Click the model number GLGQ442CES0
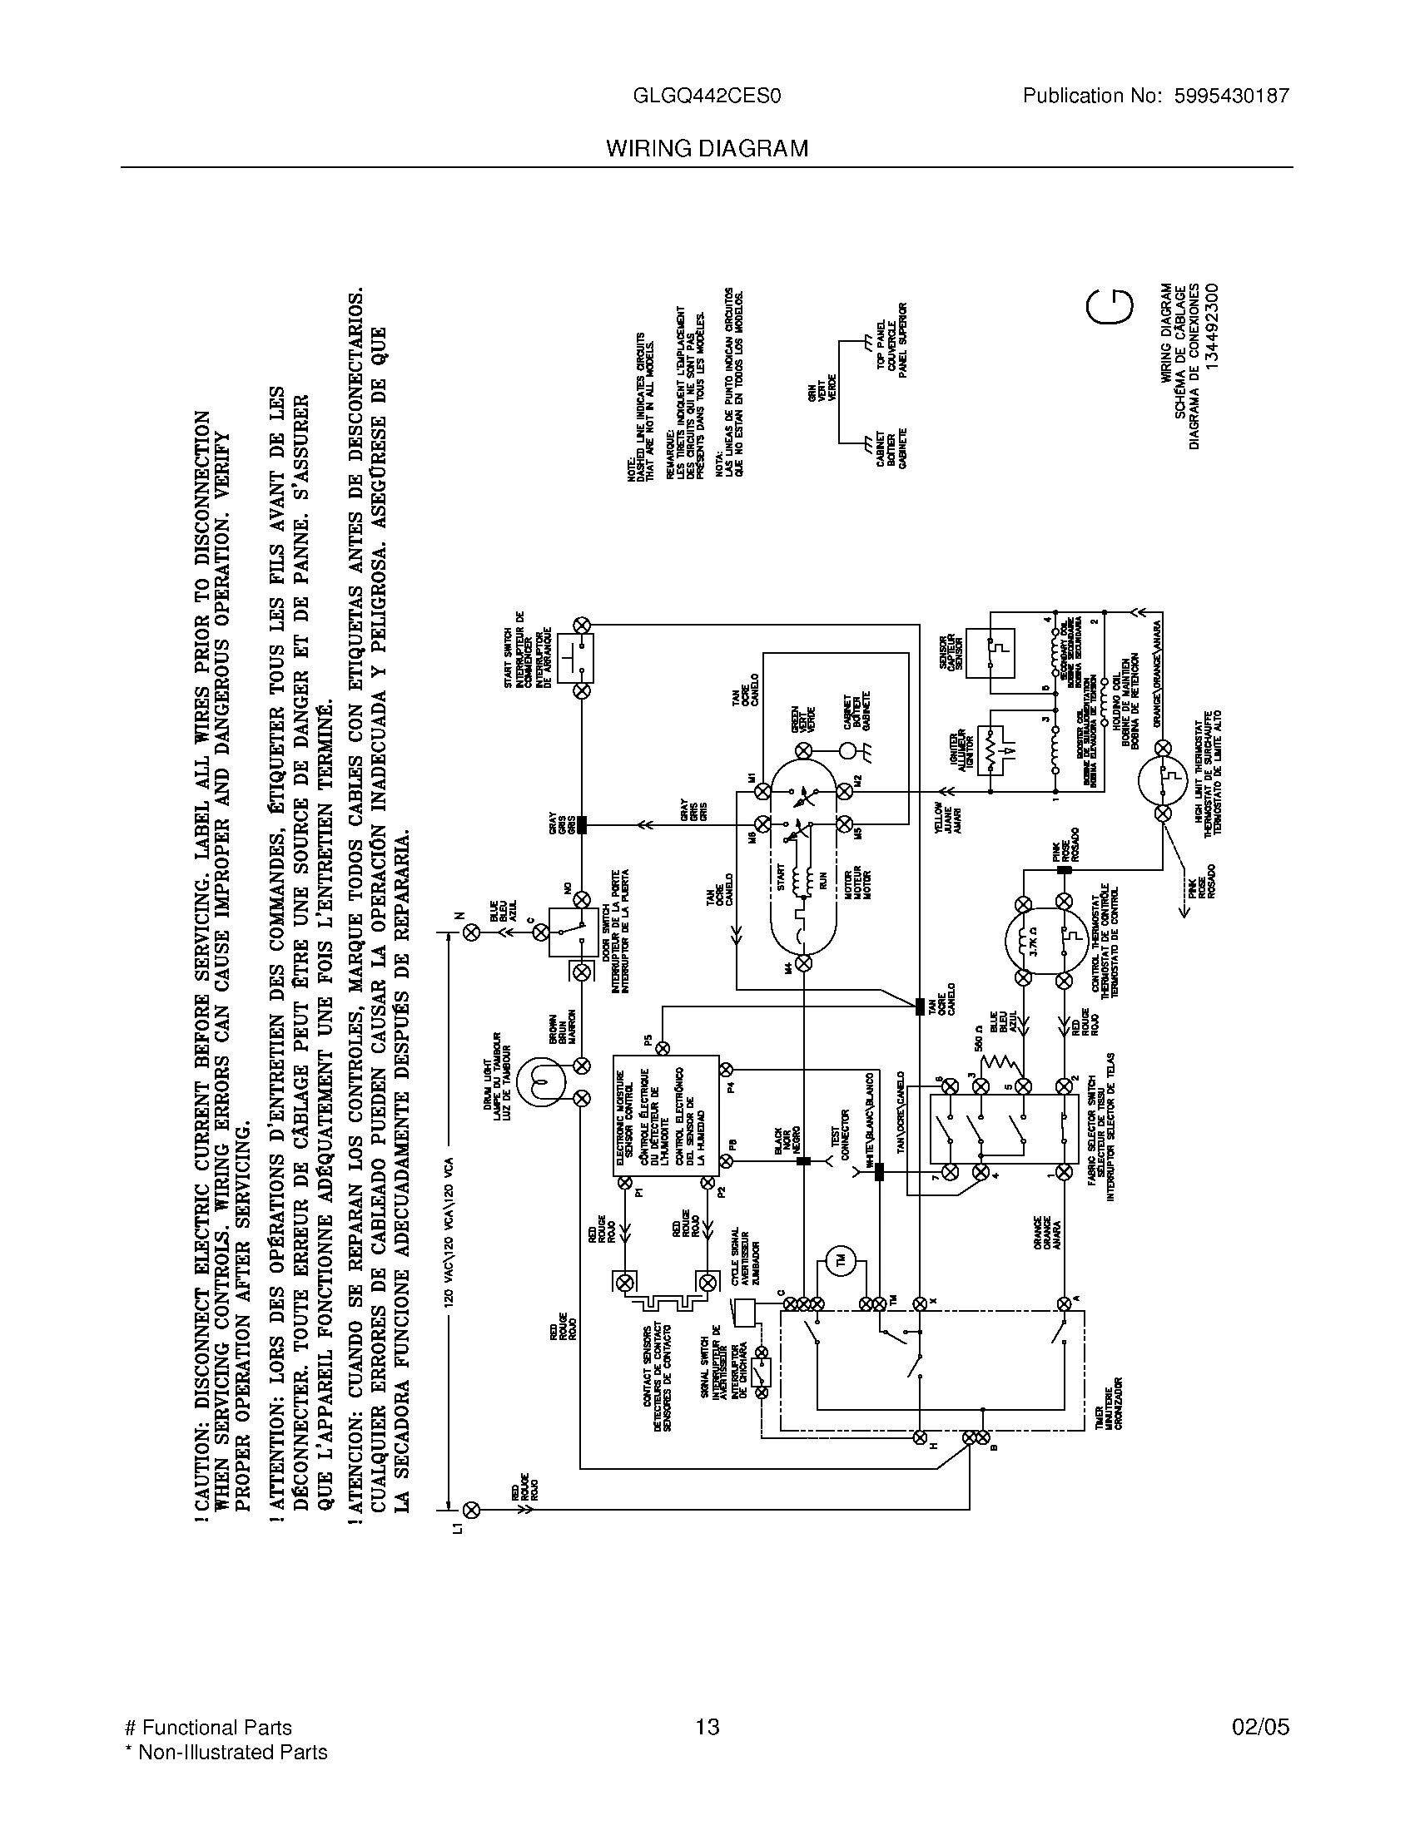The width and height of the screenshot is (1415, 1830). pos(707,96)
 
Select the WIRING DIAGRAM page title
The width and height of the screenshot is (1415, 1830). pos(707,149)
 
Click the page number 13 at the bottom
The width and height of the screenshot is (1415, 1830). pos(707,1727)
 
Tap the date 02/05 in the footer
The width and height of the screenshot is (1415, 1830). pos(1260,1727)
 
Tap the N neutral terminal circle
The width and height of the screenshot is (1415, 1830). pos(472,932)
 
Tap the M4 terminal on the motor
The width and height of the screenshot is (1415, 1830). pos(803,963)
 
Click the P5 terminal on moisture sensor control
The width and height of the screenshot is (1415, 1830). pos(663,1047)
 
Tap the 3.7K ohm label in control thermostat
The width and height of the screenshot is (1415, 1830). pos(1034,944)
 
